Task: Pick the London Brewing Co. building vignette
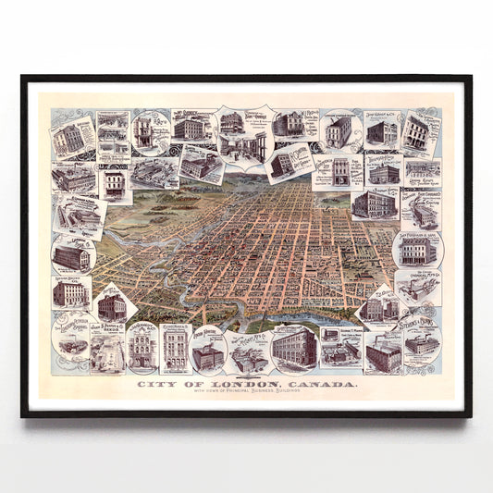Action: (x=71, y=292)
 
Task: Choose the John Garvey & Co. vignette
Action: (x=380, y=130)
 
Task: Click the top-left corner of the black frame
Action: (x=21, y=76)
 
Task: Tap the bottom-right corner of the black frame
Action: (x=472, y=416)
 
